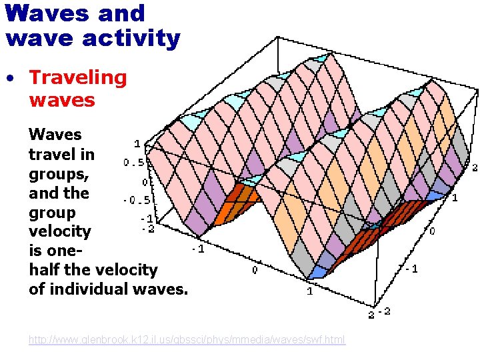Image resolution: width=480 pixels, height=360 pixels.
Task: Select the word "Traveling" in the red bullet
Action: point(78,77)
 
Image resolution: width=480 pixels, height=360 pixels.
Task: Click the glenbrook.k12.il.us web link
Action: point(187,340)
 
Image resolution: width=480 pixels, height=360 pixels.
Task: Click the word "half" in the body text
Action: point(45,269)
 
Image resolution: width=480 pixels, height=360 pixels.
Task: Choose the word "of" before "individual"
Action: point(37,289)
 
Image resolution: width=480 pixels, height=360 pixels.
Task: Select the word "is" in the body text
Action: point(36,251)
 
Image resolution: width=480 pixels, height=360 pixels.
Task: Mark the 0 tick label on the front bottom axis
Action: point(254,270)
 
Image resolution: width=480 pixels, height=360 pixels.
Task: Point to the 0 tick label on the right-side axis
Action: point(432,231)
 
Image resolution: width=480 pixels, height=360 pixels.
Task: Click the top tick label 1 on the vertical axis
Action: point(137,143)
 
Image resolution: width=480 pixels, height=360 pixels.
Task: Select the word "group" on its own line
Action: point(52,212)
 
